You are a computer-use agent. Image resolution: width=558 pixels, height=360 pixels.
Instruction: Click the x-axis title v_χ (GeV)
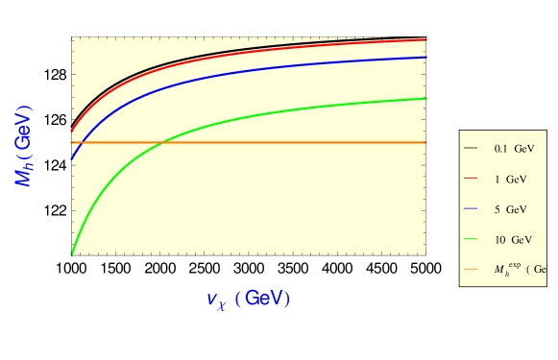248,299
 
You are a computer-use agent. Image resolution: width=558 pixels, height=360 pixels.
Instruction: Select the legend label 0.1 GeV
514,149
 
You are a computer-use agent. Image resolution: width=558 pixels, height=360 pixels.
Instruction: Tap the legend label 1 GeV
510,179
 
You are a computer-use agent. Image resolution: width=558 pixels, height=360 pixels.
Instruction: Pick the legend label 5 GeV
510,208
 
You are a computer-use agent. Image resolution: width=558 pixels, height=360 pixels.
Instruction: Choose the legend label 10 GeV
513,238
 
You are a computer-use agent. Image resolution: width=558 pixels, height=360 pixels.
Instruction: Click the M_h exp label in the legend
519,269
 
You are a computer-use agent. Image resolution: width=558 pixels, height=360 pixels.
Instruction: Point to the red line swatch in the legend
471,179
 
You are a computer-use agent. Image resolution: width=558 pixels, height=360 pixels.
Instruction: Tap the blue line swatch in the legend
471,208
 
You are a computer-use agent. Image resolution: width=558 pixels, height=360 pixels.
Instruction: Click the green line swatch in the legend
471,238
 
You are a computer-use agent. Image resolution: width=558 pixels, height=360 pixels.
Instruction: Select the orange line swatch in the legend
471,269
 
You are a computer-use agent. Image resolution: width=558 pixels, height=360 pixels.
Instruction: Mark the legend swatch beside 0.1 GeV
471,149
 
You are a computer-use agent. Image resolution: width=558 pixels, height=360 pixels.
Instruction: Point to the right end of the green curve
425,98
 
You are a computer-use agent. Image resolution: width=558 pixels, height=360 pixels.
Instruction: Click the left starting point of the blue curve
72,159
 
